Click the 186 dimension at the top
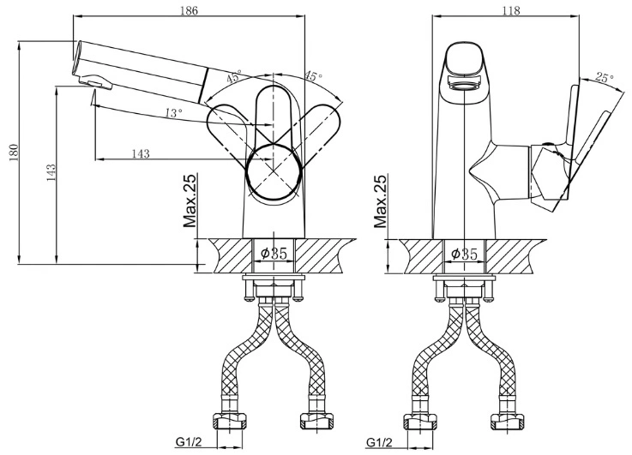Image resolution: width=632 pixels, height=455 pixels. (x=189, y=10)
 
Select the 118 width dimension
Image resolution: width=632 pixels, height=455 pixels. (x=511, y=10)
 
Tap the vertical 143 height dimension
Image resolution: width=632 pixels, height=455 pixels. (x=51, y=172)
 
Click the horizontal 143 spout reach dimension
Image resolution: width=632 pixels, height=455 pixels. (x=141, y=153)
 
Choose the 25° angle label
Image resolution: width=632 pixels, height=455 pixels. (x=605, y=77)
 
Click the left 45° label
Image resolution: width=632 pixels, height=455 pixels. (x=234, y=76)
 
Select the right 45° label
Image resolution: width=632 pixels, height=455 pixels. (x=313, y=75)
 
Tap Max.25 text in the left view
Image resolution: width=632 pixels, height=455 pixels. (x=190, y=201)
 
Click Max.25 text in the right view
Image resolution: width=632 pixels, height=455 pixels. (x=380, y=201)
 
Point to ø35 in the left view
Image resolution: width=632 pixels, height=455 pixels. (x=274, y=254)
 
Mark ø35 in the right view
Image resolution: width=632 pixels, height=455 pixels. (x=464, y=254)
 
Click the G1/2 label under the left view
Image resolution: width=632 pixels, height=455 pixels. (x=189, y=442)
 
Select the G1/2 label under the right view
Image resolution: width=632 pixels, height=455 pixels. (x=379, y=442)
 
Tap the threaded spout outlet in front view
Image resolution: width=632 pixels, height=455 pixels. (x=465, y=85)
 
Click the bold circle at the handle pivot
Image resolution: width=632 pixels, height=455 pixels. (x=274, y=172)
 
